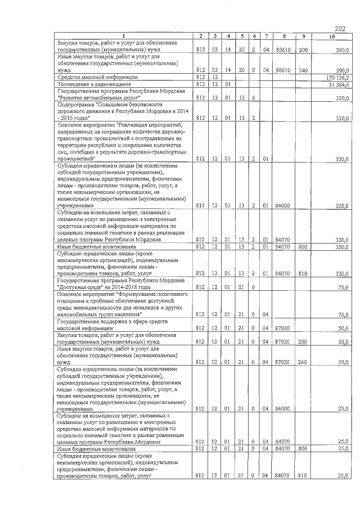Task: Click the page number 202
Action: point(339,29)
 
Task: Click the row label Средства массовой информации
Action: point(97,77)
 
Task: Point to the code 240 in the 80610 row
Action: point(303,70)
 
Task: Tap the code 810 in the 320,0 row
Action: point(303,274)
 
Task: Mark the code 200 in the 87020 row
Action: point(303,341)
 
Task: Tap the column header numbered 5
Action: point(242,37)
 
